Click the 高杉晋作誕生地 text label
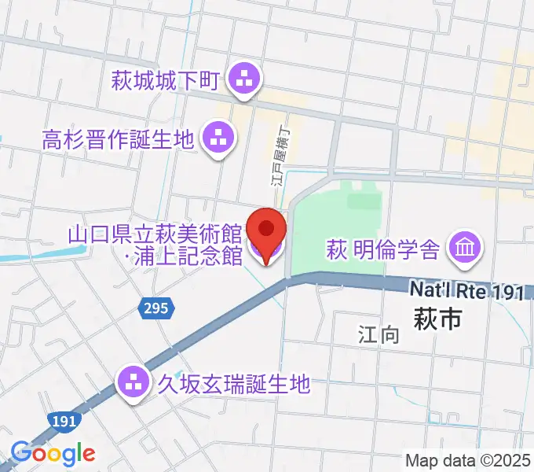(x=118, y=141)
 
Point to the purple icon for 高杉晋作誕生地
(x=219, y=139)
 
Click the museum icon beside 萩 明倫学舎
(x=465, y=249)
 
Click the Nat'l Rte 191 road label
(x=466, y=291)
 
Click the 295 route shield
(x=156, y=308)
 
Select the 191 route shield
(x=63, y=422)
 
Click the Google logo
(x=53, y=452)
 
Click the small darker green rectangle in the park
(x=362, y=201)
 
